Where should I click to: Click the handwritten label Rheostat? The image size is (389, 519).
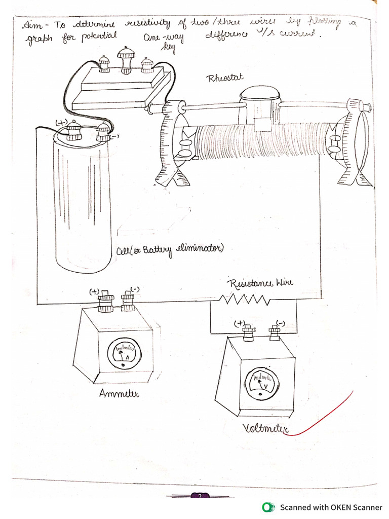[x=225, y=78]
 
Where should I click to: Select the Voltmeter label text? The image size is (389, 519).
[x=266, y=430]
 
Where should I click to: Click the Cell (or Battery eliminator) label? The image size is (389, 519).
[x=169, y=250]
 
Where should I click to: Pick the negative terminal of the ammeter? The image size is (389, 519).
[x=128, y=303]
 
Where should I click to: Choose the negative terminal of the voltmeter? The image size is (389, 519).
[x=274, y=332]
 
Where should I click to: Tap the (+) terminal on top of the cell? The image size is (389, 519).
[x=74, y=131]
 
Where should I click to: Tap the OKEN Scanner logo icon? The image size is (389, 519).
[x=267, y=507]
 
